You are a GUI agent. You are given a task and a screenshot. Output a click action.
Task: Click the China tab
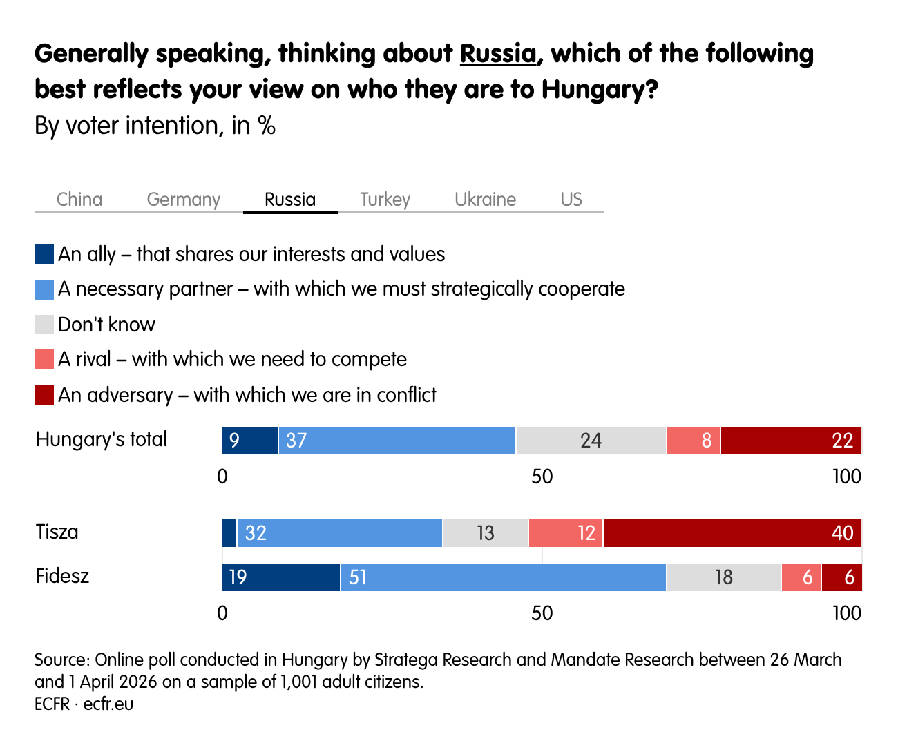pos(79,200)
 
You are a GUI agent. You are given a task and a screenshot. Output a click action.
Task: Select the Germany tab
pos(183,200)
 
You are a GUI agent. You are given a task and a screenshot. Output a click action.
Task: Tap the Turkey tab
pos(385,200)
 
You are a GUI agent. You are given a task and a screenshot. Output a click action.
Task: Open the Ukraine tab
pos(485,200)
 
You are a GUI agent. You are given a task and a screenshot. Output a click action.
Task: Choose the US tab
pos(571,200)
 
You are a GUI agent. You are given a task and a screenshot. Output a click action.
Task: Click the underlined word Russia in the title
pos(498,54)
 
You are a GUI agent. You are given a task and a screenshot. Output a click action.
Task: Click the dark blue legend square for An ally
pos(44,254)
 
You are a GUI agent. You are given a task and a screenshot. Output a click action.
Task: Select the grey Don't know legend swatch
pos(44,325)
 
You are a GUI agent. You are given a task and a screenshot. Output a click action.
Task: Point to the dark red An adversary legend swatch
pos(44,395)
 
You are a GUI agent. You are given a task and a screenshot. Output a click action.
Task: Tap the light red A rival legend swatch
pos(44,359)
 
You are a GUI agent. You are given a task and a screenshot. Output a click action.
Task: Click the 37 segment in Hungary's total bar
pos(397,441)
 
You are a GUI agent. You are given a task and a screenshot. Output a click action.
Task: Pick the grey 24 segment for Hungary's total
pos(591,441)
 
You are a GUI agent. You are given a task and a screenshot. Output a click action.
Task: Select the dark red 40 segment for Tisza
pos(732,533)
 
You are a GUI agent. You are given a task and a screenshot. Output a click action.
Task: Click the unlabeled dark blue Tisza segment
pos(229,533)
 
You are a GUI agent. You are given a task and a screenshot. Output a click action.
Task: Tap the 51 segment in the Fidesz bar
pos(503,577)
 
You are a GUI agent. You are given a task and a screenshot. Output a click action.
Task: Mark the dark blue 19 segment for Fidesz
pos(280,577)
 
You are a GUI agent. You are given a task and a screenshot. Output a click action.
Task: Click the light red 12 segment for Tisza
pos(566,533)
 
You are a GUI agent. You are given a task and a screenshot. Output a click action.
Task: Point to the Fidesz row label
pos(62,576)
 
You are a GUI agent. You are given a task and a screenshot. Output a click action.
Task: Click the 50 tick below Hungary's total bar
pos(542,477)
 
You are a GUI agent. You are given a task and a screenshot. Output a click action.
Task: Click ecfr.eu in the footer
pos(108,704)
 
